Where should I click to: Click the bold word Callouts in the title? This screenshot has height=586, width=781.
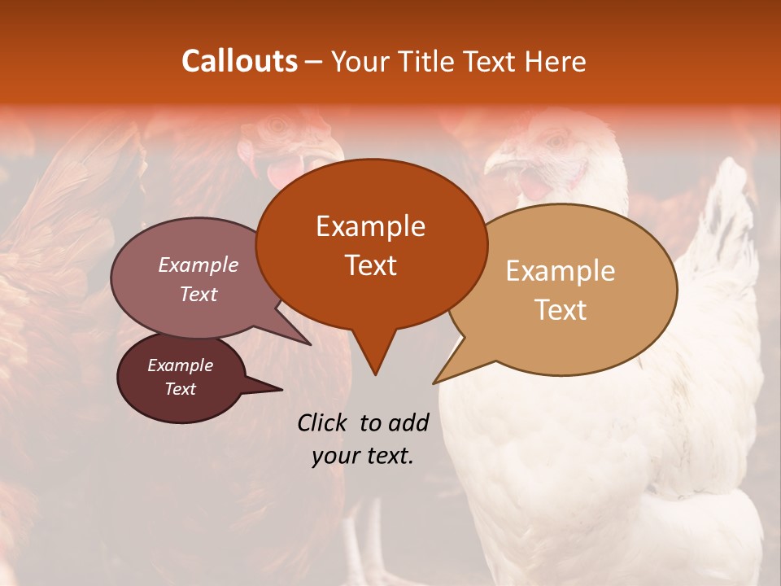tap(239, 61)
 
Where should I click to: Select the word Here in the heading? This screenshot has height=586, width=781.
tap(555, 61)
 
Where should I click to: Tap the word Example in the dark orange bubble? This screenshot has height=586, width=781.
tap(370, 226)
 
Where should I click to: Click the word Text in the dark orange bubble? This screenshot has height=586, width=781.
tap(370, 265)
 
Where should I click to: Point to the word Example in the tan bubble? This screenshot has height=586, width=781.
tap(561, 271)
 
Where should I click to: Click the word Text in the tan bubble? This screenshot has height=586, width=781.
tap(561, 310)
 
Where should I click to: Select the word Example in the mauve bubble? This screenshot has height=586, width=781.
tap(199, 265)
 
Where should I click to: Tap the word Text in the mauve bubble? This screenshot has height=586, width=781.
tap(199, 294)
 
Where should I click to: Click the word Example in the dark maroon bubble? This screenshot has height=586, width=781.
tap(180, 365)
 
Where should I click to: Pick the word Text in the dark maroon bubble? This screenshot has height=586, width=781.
tap(180, 389)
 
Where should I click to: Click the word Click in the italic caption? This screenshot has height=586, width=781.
tap(323, 422)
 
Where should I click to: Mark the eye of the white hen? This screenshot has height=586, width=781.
tap(556, 141)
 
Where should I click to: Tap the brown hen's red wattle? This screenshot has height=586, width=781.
tap(282, 171)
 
